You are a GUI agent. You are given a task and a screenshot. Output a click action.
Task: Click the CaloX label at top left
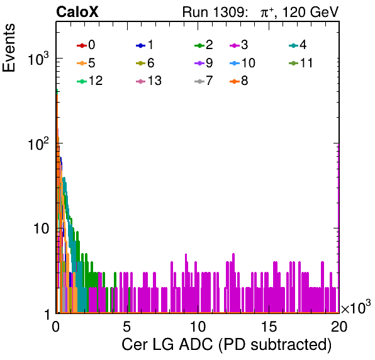pos(77,12)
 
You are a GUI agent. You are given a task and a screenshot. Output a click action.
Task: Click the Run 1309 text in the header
pos(215,12)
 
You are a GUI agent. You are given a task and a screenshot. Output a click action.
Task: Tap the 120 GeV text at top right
pos(311,12)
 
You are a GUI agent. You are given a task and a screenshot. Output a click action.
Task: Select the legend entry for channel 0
pos(86,45)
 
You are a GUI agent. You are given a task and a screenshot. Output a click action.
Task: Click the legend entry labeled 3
pos(239,45)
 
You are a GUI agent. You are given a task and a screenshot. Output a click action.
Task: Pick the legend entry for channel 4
pos(298,45)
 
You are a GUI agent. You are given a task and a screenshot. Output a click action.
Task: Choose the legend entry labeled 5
pos(86,63)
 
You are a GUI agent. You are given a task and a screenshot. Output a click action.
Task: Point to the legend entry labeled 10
pos(242,63)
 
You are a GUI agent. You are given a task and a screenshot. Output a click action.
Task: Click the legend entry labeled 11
pos(301,63)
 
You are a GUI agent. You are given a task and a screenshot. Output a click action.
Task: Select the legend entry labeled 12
pos(90,81)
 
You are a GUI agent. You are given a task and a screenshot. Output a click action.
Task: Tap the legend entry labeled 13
pos(148,81)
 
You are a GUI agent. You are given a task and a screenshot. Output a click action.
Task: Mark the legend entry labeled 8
pos(239,81)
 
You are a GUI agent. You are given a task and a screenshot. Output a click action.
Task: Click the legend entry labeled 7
pos(204,81)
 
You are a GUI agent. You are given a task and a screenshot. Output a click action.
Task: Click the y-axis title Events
pos(9,48)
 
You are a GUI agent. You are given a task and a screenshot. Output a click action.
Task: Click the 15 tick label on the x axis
pos(269,327)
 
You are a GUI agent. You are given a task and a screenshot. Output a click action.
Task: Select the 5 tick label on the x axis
pos(126,327)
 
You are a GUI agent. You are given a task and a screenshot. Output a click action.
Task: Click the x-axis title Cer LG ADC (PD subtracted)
pos(227,345)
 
